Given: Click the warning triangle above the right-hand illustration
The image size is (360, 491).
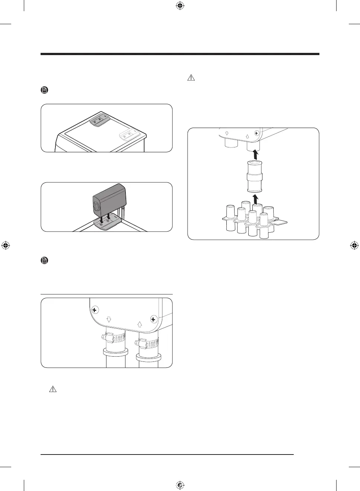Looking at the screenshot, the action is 191,78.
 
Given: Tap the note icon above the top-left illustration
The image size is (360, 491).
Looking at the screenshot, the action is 44,90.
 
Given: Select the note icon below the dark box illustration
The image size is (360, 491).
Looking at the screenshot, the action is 44,261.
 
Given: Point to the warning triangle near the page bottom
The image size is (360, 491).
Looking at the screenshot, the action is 53,389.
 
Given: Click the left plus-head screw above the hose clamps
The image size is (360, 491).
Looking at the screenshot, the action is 95,310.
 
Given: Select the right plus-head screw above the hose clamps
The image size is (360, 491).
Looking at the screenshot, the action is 153,319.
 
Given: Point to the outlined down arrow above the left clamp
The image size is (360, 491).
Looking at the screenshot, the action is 109,319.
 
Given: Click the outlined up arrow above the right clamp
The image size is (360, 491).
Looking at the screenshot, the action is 140,324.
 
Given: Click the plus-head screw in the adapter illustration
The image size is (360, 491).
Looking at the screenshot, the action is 256,133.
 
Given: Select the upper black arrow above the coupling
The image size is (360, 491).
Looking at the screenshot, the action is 255,154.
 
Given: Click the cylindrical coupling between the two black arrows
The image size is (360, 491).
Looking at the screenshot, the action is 255,176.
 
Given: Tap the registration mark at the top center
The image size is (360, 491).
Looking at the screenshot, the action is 180,6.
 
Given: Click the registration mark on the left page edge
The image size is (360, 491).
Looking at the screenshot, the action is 6,245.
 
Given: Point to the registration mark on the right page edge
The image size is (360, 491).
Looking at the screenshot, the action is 354,245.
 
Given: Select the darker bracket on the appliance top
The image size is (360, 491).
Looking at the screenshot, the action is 99,120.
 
